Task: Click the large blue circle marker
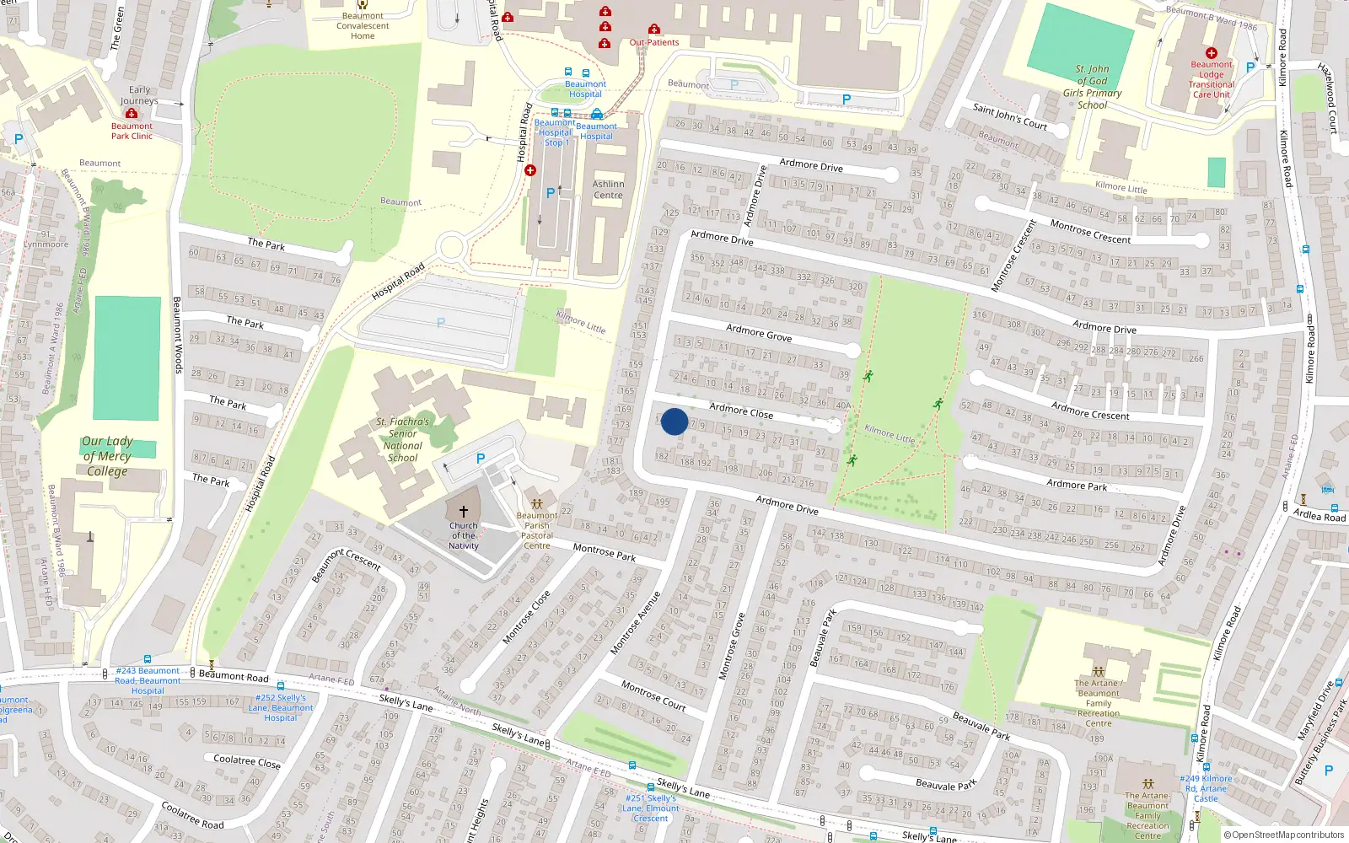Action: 674,421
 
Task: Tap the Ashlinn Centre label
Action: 608,190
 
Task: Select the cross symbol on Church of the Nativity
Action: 463,511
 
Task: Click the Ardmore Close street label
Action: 741,411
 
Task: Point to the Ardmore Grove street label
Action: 759,333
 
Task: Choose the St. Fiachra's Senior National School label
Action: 403,439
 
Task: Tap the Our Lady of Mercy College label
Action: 107,456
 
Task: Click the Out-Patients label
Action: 654,42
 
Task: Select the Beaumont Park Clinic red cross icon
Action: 132,113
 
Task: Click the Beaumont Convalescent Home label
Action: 363,26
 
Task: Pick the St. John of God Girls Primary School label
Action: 1092,87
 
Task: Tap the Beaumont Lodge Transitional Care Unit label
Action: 1212,79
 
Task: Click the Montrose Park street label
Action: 605,553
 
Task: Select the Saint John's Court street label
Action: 1010,117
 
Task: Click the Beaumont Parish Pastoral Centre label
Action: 537,530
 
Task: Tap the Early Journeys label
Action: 139,95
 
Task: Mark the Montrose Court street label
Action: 653,695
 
